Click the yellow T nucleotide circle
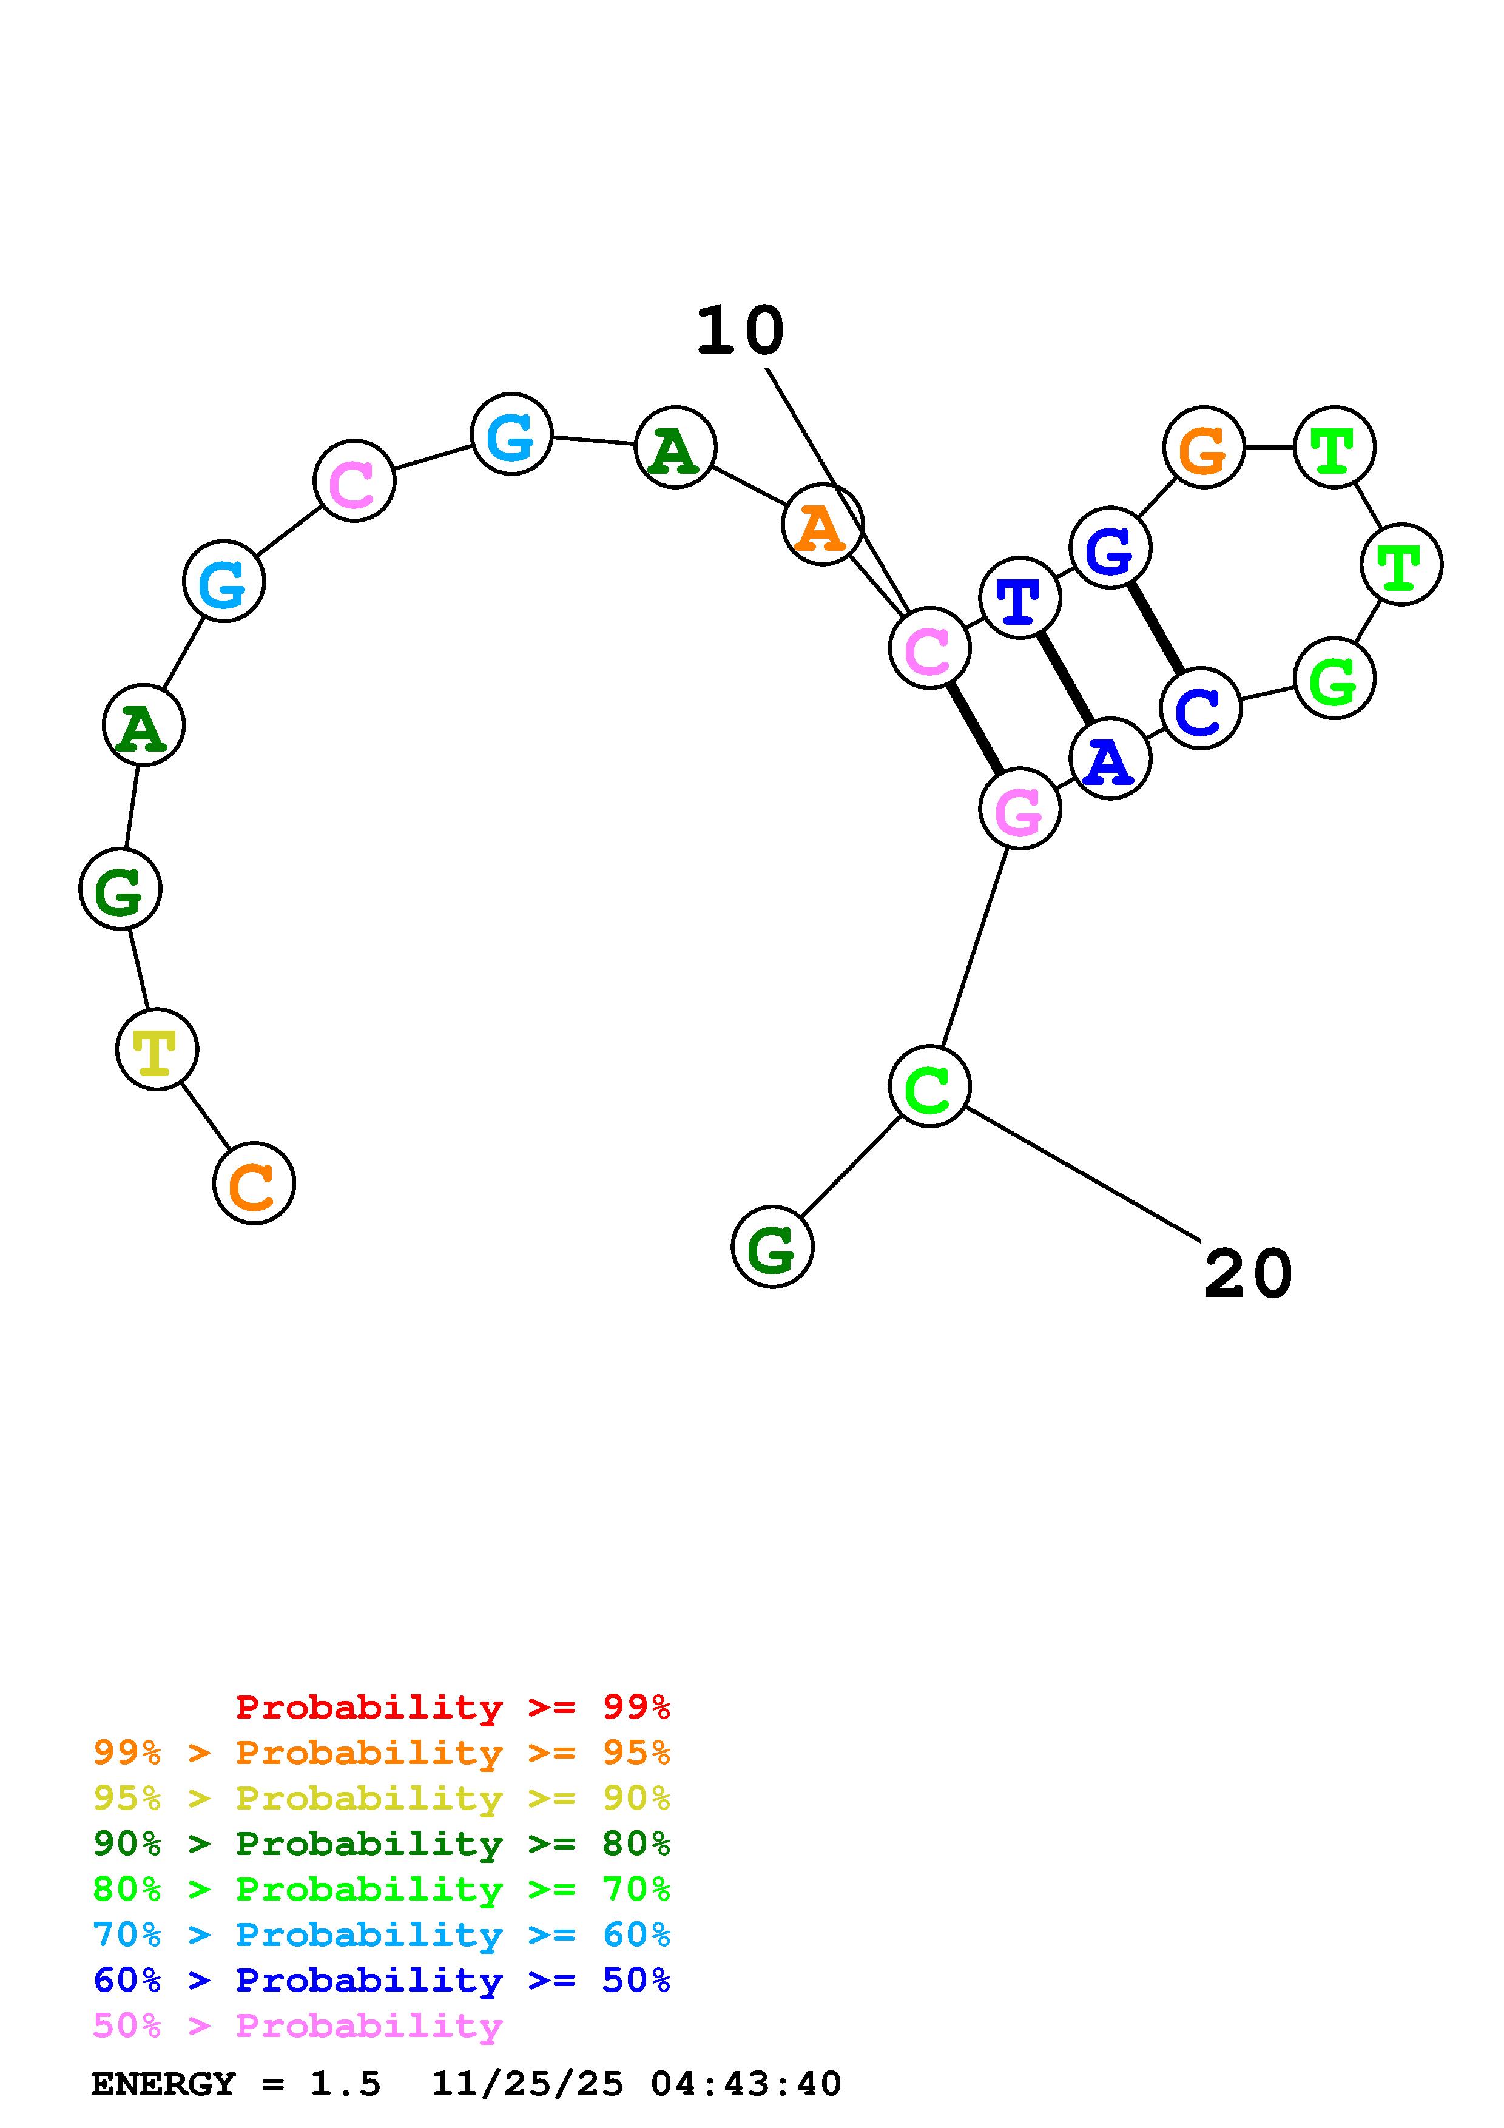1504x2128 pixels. pyautogui.click(x=157, y=1049)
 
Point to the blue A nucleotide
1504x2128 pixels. pyautogui.click(x=1109, y=759)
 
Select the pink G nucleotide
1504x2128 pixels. pyautogui.click(x=1019, y=809)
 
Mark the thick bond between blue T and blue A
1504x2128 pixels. pyautogui.click(x=1065, y=678)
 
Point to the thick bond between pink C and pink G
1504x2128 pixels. pyautogui.click(x=974, y=729)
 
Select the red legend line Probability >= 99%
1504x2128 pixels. pyautogui.click(x=452, y=1706)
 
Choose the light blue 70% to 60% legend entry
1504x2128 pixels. pyautogui.click(x=381, y=1934)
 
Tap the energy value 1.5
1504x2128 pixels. pyautogui.click(x=345, y=2084)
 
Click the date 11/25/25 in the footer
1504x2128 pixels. pyautogui.click(x=527, y=2084)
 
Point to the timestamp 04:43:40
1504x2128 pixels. pyautogui.click(x=746, y=2084)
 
